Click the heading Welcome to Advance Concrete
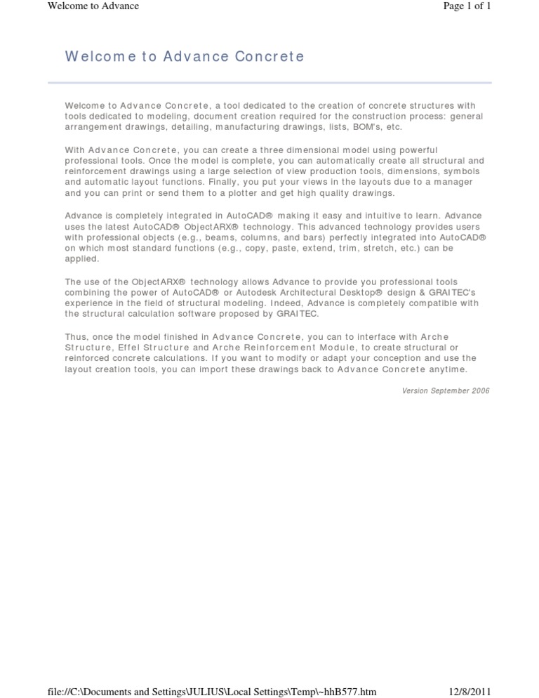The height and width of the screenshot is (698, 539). [x=185, y=57]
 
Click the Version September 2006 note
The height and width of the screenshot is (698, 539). [x=446, y=390]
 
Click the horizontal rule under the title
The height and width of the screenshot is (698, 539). [x=269, y=84]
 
